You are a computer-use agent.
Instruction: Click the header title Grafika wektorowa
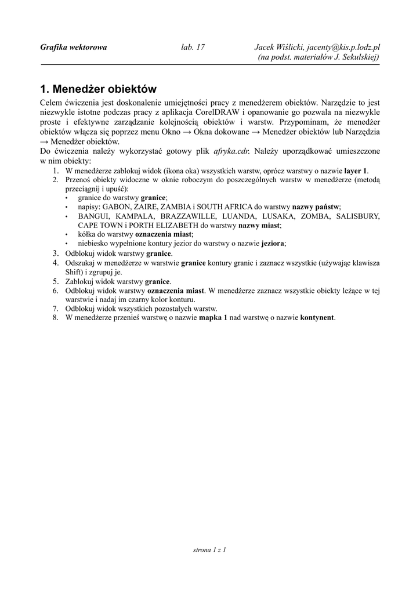pos(74,47)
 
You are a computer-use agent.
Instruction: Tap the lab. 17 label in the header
pos(193,47)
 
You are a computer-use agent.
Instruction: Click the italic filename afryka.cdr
pos(231,151)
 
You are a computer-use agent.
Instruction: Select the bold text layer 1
pos(356,171)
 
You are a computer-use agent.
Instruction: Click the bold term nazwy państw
pos(316,207)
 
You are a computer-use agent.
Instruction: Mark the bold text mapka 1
pos(213,318)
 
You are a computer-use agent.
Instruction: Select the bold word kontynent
pos(317,318)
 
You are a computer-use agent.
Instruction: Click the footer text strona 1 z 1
pos(209,549)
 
